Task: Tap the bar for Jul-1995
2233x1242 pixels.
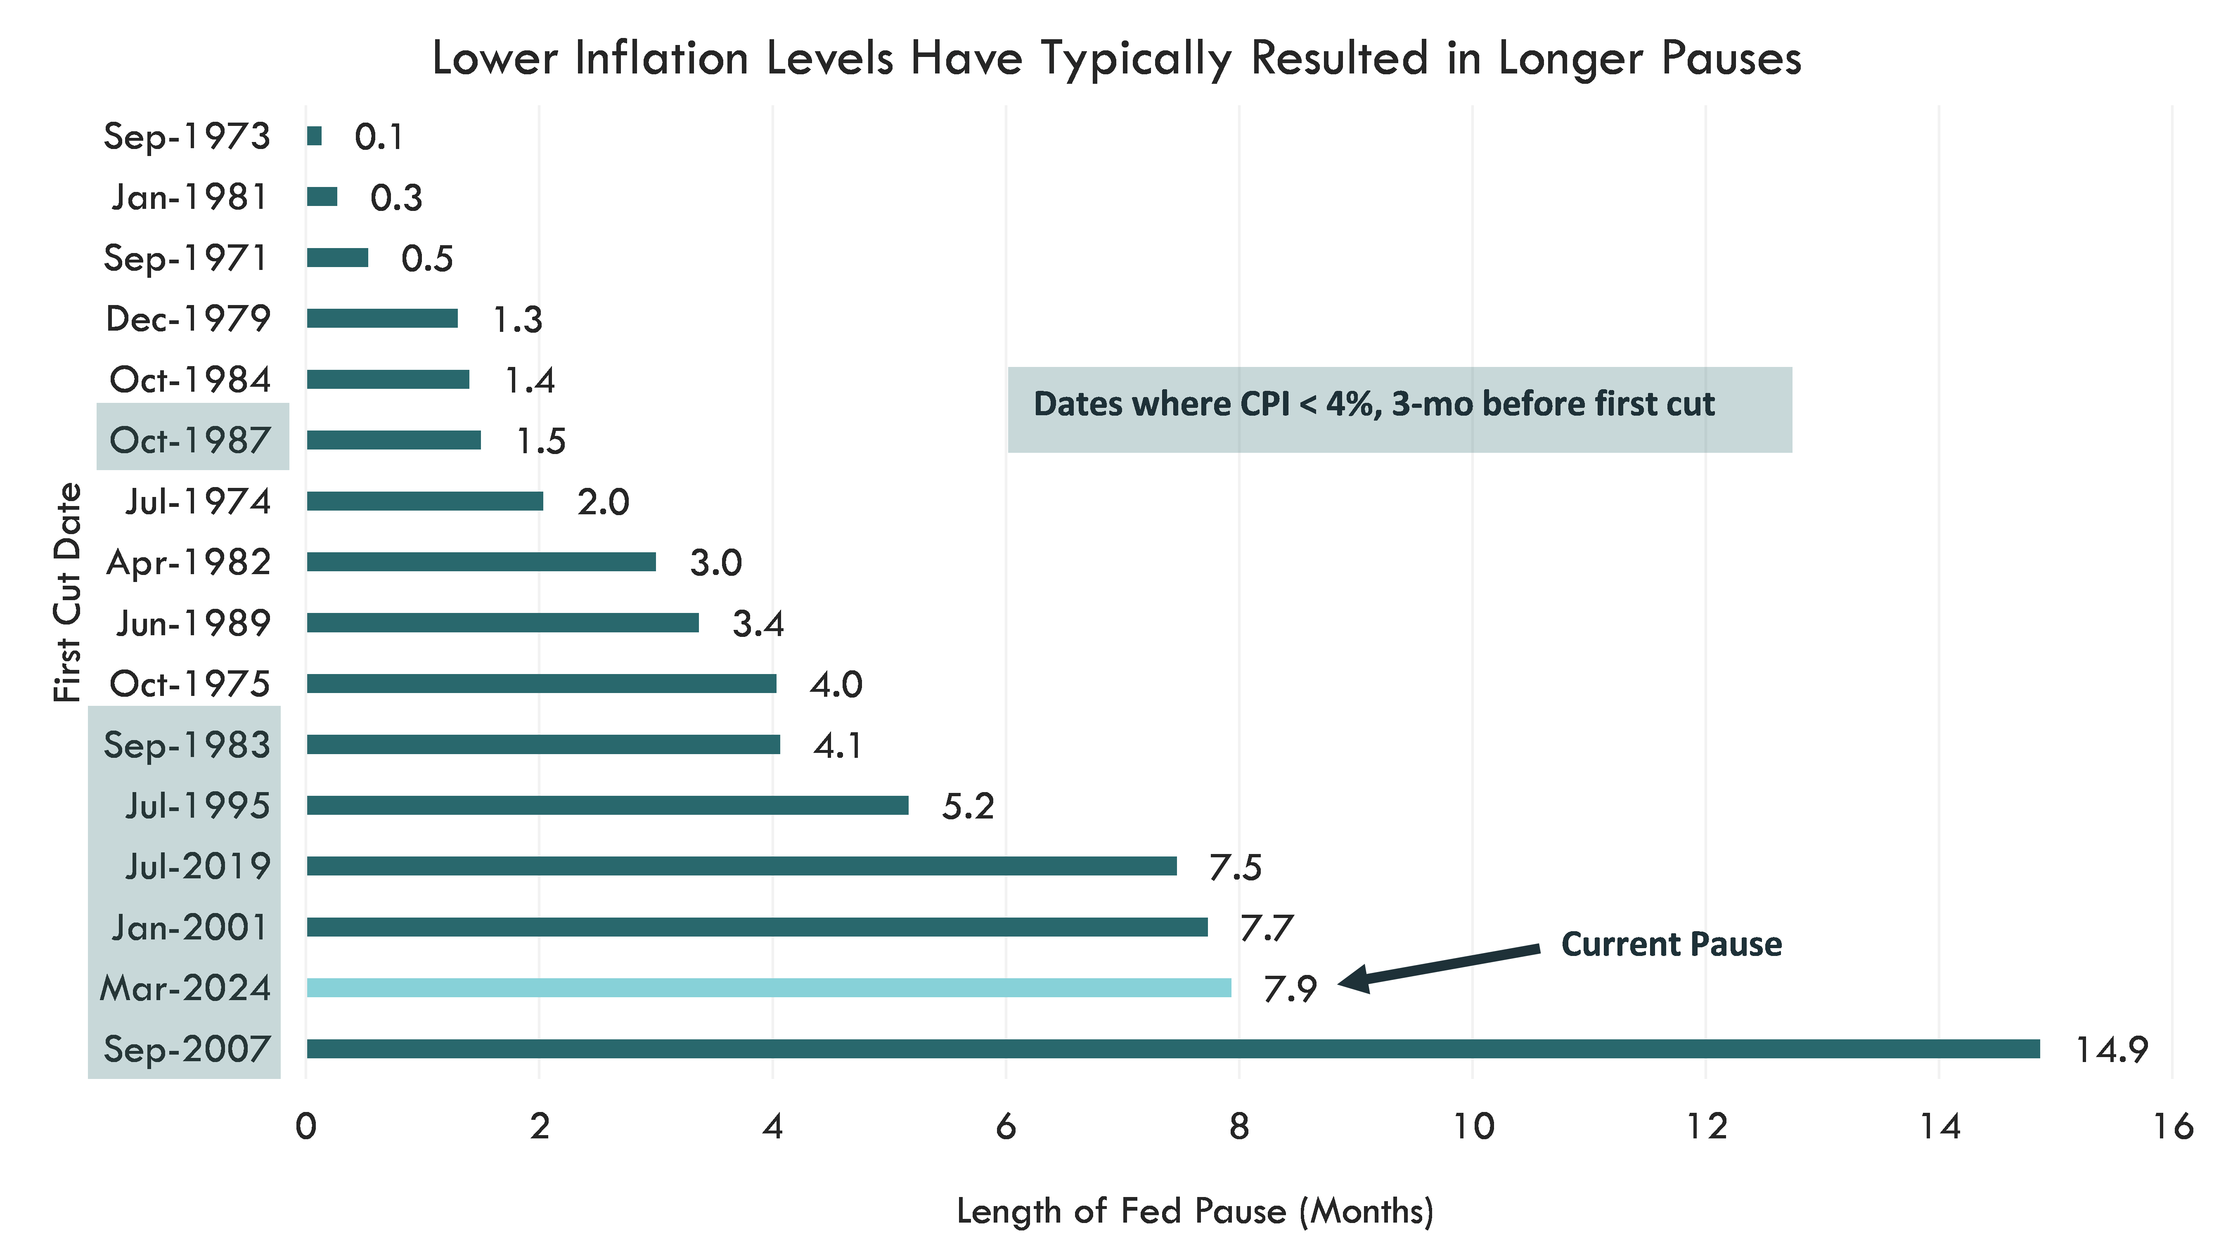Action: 607,805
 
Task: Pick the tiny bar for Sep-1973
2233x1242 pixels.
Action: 314,136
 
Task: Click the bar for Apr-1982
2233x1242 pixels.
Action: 481,562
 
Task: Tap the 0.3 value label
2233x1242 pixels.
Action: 396,198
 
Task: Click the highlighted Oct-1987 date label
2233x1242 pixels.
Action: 191,440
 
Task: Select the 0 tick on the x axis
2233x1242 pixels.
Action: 306,1126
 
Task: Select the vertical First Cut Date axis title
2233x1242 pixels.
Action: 68,592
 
